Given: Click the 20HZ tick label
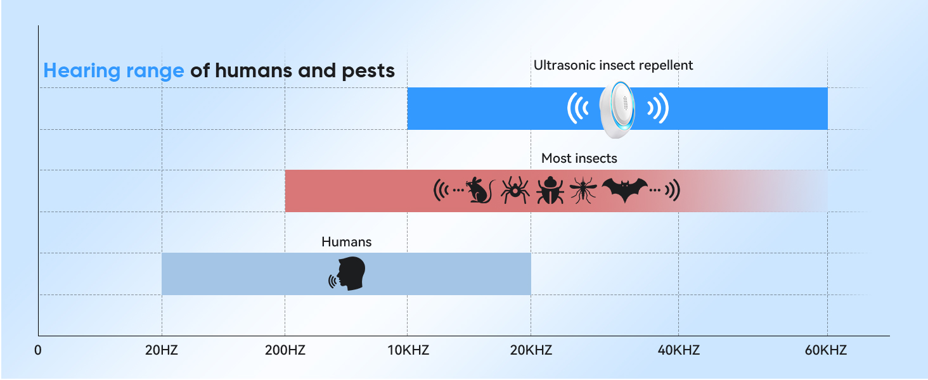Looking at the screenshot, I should click(161, 350).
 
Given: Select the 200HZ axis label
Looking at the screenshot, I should click(284, 350).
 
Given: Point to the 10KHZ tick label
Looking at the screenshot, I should click(407, 350).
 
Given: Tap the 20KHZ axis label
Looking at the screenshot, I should click(531, 350).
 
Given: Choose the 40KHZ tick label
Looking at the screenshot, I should click(678, 350).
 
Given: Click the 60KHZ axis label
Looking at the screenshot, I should click(826, 350).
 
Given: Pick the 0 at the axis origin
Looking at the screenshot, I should click(38, 350).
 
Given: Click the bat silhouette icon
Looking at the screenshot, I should click(624, 190).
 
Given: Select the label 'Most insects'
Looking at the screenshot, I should click(579, 158).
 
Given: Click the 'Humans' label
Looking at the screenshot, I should click(346, 242).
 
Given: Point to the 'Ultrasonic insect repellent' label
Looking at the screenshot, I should click(613, 65).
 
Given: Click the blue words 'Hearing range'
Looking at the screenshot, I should click(113, 70).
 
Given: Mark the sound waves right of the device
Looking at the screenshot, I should click(659, 109).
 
